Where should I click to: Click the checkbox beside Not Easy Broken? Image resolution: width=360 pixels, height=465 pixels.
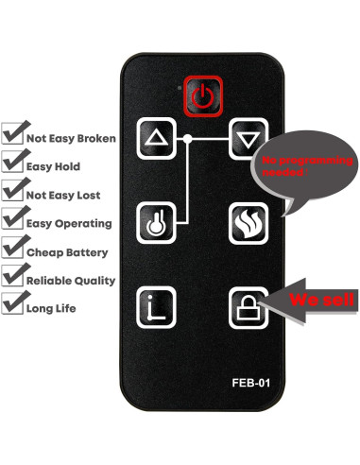[13, 135]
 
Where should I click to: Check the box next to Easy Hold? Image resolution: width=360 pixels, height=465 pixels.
[13, 164]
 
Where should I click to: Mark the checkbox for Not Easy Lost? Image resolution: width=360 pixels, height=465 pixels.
[13, 193]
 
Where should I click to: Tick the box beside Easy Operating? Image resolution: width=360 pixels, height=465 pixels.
[13, 222]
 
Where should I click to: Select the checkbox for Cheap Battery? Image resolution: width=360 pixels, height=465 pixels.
[13, 251]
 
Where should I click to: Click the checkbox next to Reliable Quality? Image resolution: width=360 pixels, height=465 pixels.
[13, 279]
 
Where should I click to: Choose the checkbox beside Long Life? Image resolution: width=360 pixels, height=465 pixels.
[13, 306]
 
